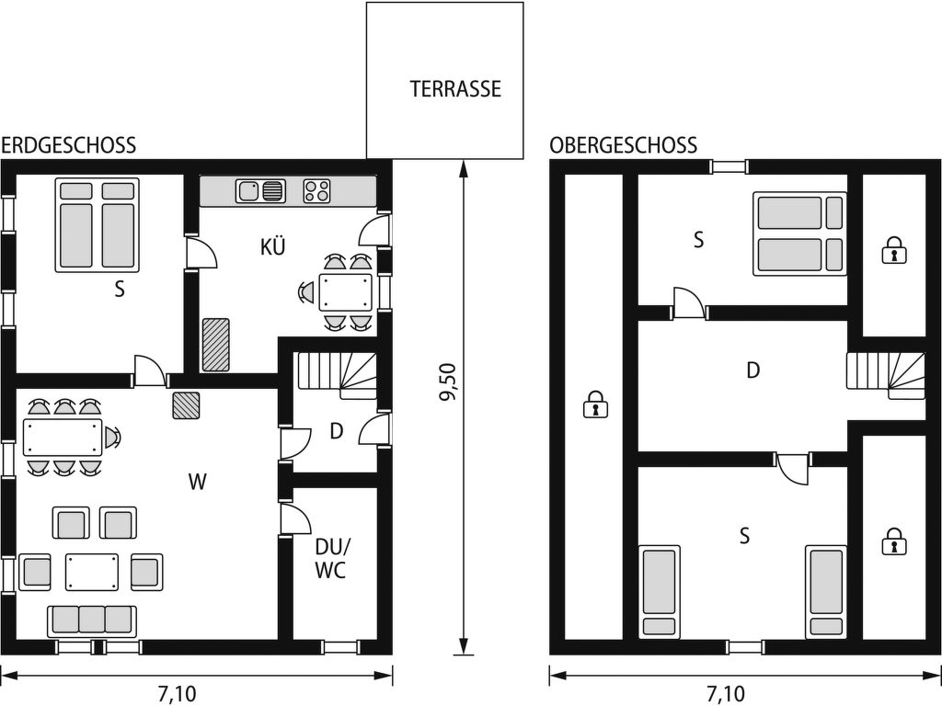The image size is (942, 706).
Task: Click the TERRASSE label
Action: click(455, 89)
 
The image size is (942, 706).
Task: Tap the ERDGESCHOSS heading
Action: click(68, 145)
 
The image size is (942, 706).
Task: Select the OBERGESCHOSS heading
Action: click(623, 145)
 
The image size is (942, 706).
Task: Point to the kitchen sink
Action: click(260, 191)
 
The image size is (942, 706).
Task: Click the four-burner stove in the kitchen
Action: click(317, 191)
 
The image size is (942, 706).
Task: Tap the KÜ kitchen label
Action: click(272, 246)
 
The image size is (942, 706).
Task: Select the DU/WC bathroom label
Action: click(331, 558)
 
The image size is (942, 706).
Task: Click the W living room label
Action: click(197, 482)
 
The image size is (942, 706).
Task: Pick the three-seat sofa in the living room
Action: click(92, 621)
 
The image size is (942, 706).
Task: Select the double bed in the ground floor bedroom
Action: click(98, 224)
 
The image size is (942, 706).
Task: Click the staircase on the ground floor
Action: click(337, 376)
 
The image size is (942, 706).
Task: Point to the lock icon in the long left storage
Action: click(595, 404)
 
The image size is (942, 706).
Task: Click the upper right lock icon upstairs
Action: click(894, 250)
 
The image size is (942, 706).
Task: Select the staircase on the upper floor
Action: click(886, 376)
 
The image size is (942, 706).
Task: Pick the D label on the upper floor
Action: click(752, 370)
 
